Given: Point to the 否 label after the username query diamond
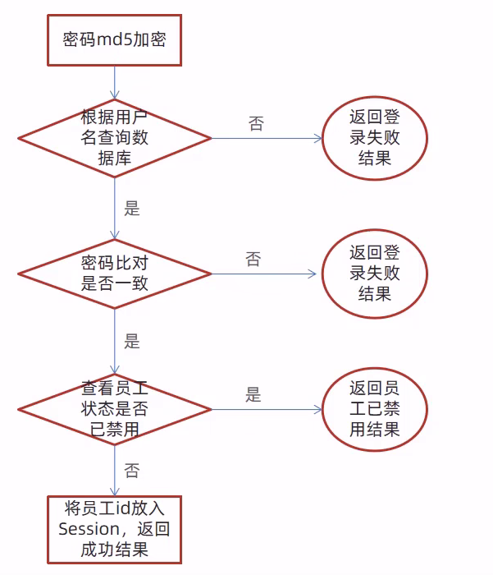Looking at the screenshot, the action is pyautogui.click(x=256, y=123).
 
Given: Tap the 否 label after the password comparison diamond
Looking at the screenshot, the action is pyautogui.click(x=253, y=260).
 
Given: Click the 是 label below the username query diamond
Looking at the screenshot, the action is pyautogui.click(x=132, y=209).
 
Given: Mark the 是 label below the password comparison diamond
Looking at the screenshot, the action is pyautogui.click(x=132, y=341).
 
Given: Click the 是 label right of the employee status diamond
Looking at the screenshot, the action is pyautogui.click(x=253, y=394).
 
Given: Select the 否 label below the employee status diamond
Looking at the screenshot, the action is pyautogui.click(x=132, y=471).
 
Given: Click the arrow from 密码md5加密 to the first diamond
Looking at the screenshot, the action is pyautogui.click(x=115, y=82).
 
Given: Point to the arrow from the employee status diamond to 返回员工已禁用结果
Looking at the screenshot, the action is pyautogui.click(x=267, y=409).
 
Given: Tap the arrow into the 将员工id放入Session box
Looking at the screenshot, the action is pyautogui.click(x=115, y=471).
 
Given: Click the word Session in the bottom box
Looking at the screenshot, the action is pyautogui.click(x=89, y=529).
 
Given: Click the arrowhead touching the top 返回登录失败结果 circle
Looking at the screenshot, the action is pyautogui.click(x=318, y=138).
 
